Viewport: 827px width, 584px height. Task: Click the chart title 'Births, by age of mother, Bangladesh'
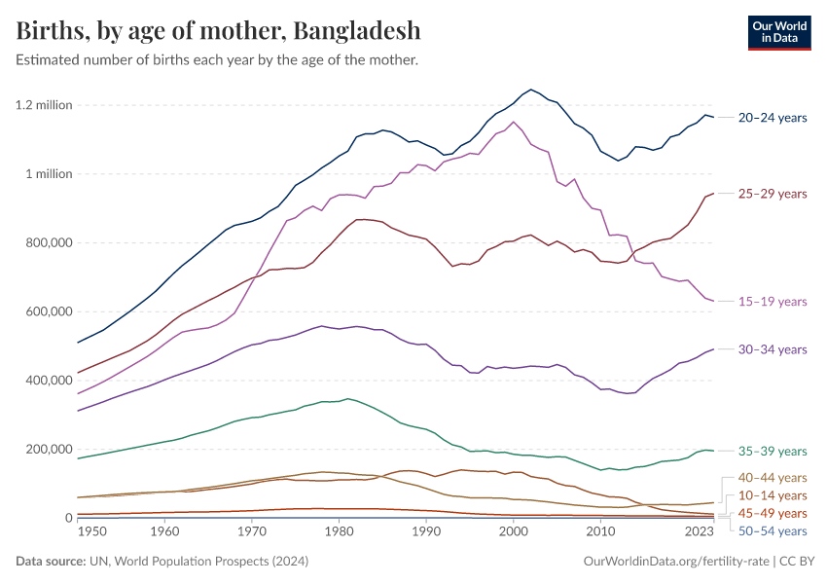click(219, 30)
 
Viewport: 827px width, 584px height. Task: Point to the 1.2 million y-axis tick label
click(44, 105)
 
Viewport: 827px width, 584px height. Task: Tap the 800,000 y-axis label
click(47, 243)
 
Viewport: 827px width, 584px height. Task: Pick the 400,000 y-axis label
click(47, 381)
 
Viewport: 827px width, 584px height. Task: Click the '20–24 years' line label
click(773, 118)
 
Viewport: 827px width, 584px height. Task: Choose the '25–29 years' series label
click(773, 194)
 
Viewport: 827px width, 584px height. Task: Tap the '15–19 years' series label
click(773, 302)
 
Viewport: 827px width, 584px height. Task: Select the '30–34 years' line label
click(773, 349)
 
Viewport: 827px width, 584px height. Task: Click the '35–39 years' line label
click(773, 451)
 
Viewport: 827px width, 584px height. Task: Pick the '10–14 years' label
click(773, 495)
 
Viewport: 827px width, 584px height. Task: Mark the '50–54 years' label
click(773, 530)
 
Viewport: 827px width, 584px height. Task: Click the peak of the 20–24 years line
click(530, 89)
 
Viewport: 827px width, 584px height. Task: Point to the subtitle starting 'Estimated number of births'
click(217, 60)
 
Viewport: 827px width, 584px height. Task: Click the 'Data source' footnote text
click(147, 562)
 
